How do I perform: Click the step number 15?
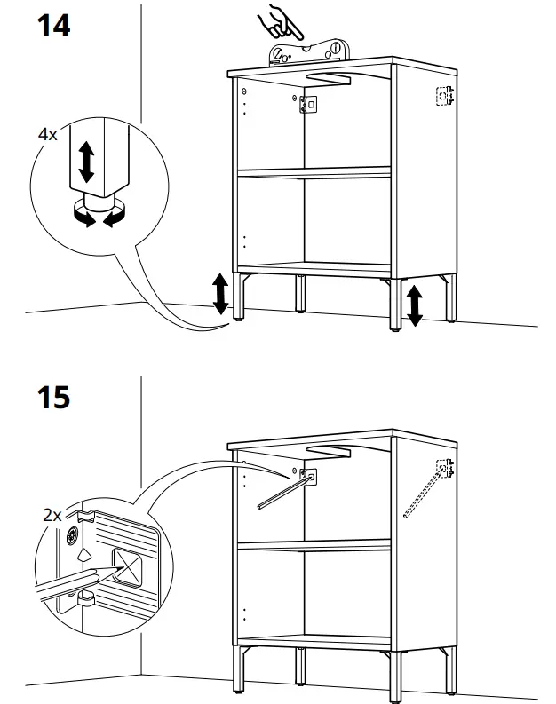pyautogui.click(x=53, y=396)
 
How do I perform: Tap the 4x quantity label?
pyautogui.click(x=47, y=135)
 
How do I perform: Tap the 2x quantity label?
pyautogui.click(x=52, y=514)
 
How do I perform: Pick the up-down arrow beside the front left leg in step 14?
pyautogui.click(x=219, y=295)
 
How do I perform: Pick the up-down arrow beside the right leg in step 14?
pyautogui.click(x=413, y=304)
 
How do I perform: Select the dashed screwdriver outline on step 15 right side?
pyautogui.click(x=423, y=494)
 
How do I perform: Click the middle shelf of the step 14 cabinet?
pyautogui.click(x=315, y=172)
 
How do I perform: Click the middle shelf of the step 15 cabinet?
pyautogui.click(x=315, y=546)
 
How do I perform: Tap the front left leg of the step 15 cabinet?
pyautogui.click(x=240, y=670)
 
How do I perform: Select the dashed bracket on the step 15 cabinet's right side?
pyautogui.click(x=445, y=468)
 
